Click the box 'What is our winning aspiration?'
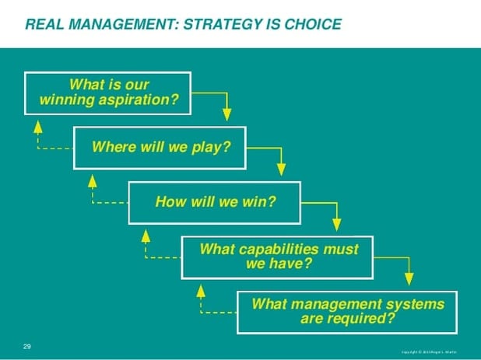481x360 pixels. [108, 93]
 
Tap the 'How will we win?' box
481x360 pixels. [215, 202]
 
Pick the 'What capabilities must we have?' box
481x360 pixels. [279, 257]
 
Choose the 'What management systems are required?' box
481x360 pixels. [347, 311]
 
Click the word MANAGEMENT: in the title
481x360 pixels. [125, 24]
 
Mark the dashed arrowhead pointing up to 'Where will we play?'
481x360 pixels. [92, 180]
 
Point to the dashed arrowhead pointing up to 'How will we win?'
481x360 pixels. [146, 235]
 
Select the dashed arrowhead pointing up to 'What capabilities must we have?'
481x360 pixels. [200, 289]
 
